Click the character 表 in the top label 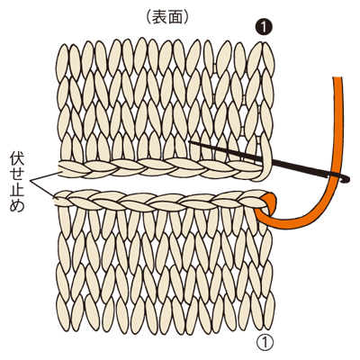click(x=159, y=18)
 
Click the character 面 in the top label click(x=175, y=18)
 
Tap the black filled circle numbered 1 click(x=264, y=28)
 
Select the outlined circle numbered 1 click(x=265, y=343)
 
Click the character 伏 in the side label click(x=17, y=160)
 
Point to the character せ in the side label click(x=17, y=175)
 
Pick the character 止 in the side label click(x=17, y=190)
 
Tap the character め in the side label click(x=17, y=205)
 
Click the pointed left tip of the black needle click(x=189, y=142)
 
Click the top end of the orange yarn click(x=337, y=78)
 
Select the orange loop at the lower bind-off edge click(x=266, y=210)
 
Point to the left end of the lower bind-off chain click(x=57, y=200)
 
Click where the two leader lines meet click(x=30, y=181)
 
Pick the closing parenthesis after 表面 click(x=185, y=18)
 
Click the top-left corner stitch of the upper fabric click(x=63, y=59)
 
